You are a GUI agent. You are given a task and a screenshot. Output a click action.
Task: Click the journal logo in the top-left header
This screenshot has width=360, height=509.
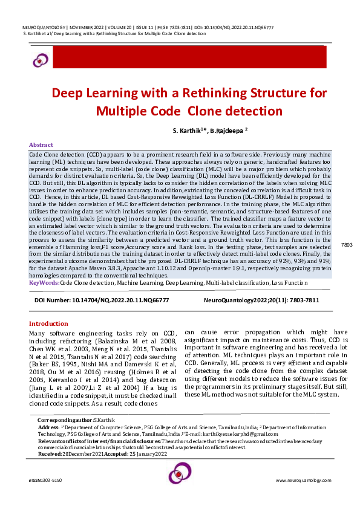pos(41,59)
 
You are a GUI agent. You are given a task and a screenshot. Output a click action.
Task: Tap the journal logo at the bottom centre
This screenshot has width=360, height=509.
pos(180,473)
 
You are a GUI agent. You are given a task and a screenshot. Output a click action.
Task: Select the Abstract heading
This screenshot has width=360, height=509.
pos(41,145)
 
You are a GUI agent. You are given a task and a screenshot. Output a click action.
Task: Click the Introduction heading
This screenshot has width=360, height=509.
pos(49,323)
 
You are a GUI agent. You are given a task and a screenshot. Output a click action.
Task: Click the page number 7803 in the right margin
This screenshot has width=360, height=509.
pos(347,261)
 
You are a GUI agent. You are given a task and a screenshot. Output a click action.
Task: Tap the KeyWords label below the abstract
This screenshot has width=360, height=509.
pos(44,282)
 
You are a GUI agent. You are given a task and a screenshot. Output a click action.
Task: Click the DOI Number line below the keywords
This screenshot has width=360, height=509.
pos(102,299)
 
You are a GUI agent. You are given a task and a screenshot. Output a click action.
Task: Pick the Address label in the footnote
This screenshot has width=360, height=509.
pos(48,426)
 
